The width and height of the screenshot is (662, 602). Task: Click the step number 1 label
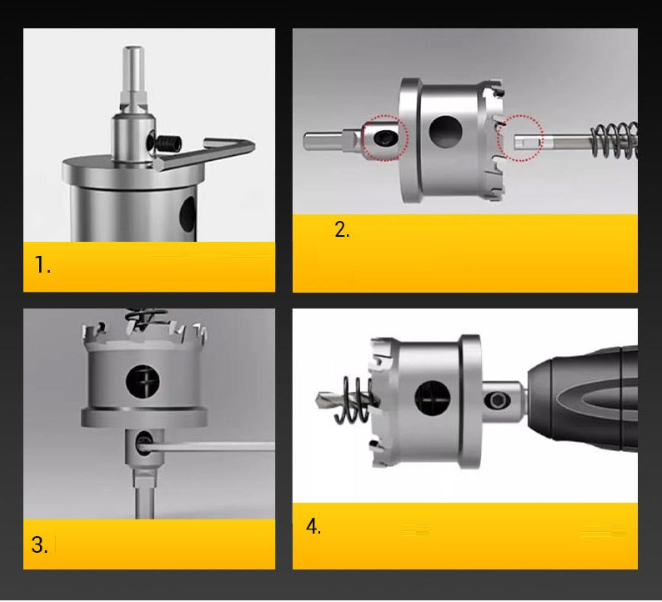point(43,265)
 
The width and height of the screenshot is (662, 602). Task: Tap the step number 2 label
point(342,229)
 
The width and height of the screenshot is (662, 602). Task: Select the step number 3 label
point(40,544)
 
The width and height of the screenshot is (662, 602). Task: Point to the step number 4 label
point(313,526)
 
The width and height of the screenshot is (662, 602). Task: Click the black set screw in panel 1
point(169,144)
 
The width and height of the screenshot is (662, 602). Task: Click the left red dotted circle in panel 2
point(385,138)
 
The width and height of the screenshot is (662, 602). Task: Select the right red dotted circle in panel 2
point(519,138)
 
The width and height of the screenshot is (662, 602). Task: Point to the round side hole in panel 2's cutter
point(445,132)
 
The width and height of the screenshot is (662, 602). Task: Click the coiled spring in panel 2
point(614,141)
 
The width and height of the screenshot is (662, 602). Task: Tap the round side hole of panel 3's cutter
point(143,381)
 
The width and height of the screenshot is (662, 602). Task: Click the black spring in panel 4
point(354,399)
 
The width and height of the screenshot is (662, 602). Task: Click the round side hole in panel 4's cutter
point(433,398)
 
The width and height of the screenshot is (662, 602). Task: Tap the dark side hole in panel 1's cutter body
point(188,215)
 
